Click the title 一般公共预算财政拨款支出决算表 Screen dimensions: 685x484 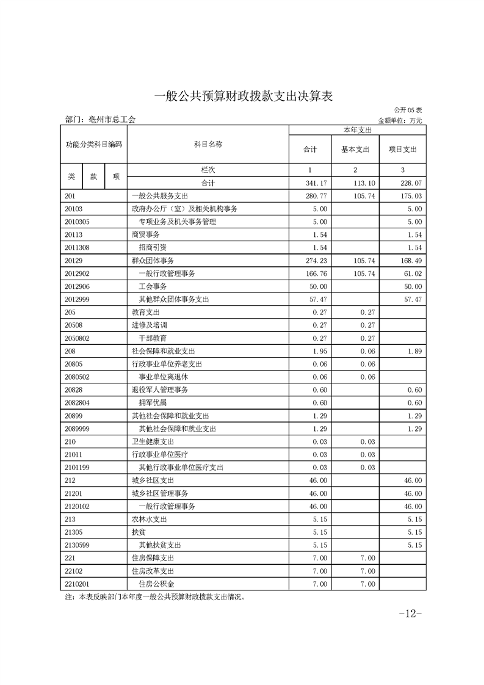pyautogui.click(x=242, y=96)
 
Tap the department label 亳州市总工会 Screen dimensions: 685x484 pyautogui.click(x=100, y=120)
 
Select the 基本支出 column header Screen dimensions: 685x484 pyautogui.click(x=355, y=149)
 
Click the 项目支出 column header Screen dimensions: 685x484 pyautogui.click(x=402, y=149)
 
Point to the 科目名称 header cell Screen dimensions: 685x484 pyautogui.click(x=208, y=144)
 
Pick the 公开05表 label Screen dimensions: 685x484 pyautogui.click(x=407, y=110)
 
